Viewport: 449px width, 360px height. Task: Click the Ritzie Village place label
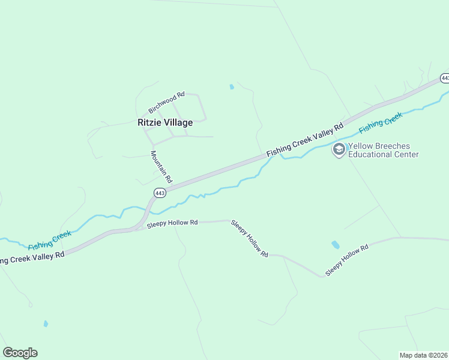165,122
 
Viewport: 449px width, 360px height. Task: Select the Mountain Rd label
161,167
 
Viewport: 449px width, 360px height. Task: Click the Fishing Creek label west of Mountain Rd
50,239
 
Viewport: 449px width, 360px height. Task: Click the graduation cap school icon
339,149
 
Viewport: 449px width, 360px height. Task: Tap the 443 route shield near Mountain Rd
159,193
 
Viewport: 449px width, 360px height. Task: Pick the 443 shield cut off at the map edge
445,78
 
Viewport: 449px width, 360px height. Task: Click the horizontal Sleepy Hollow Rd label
172,223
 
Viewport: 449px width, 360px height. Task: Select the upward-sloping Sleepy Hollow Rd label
346,260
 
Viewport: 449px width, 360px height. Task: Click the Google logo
20,353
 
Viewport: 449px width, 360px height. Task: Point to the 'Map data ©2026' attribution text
424,355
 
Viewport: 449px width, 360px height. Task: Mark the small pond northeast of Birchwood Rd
232,87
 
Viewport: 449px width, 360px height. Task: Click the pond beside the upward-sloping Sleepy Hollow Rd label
335,245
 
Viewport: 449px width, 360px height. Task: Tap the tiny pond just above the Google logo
46,324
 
